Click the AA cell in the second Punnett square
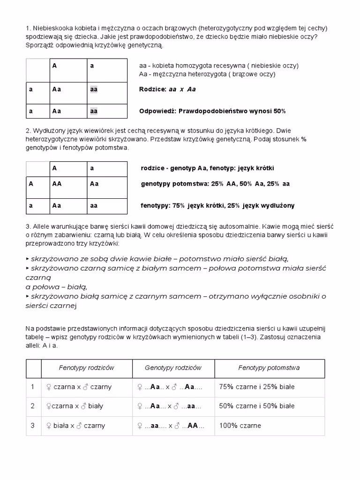tap(57, 184)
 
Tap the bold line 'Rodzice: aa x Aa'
tap(167, 89)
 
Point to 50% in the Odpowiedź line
tap(279, 111)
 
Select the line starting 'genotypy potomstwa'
tap(215, 184)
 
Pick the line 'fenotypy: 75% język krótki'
tap(217, 206)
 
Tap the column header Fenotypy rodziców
tap(86, 368)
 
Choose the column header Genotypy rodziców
tap(173, 368)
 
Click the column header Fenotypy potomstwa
tap(269, 368)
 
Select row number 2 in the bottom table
tap(33, 406)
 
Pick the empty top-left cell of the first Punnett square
tap(37, 70)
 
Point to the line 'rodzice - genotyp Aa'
tap(207, 168)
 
